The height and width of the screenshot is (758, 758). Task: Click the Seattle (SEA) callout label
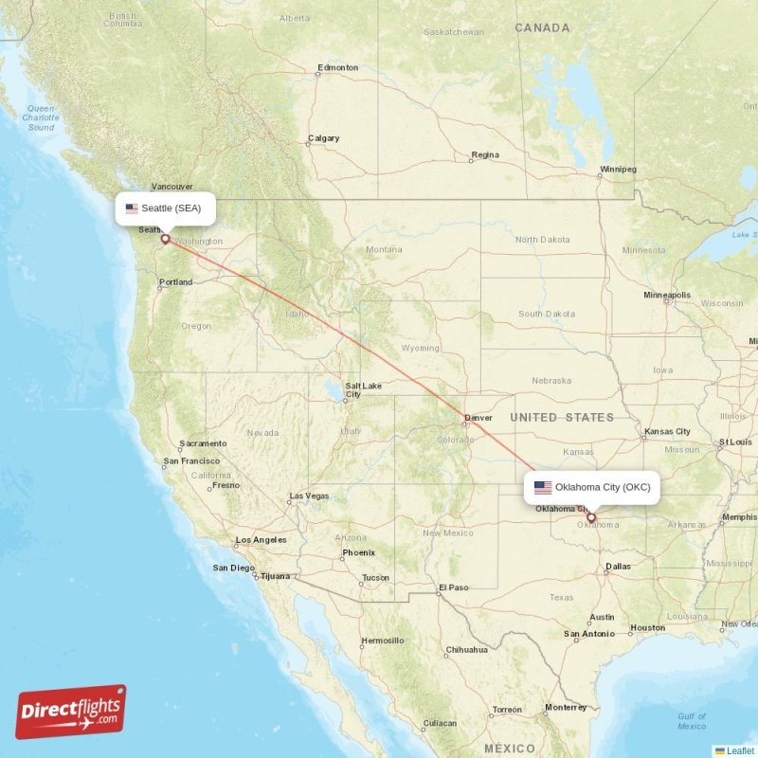[x=165, y=208]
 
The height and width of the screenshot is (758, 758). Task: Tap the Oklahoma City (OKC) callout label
[x=592, y=487]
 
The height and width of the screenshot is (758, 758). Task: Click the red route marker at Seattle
[x=165, y=239]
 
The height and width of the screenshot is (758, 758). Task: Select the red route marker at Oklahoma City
[x=591, y=517]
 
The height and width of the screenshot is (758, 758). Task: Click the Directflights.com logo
[x=71, y=712]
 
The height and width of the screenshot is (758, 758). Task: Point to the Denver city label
[x=478, y=417]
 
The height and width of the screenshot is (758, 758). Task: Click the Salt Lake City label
[x=363, y=389]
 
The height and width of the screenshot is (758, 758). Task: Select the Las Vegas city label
[x=309, y=496]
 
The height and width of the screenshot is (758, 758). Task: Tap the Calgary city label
[x=323, y=138]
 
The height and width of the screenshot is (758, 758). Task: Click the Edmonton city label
[x=338, y=67]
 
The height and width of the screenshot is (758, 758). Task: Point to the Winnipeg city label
[x=618, y=170]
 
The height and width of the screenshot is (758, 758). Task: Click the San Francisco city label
[x=191, y=461]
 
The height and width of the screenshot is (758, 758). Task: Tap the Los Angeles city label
[x=262, y=540]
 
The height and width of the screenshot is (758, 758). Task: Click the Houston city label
[x=648, y=628]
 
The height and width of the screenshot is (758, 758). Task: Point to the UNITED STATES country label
[x=562, y=417]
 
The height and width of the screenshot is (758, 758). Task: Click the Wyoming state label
[x=421, y=348]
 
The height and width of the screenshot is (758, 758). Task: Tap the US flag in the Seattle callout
[x=132, y=208]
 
